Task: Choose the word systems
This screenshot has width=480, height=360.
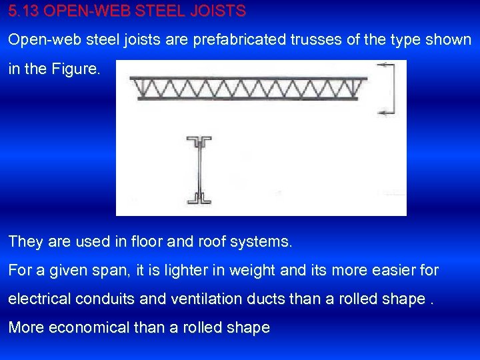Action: tap(261, 242)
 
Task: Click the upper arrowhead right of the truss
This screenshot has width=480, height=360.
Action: tap(382, 65)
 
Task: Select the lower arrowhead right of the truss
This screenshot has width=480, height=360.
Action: tap(382, 113)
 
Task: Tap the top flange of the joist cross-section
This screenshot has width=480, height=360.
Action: tap(199, 141)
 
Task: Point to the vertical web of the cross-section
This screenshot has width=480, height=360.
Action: tap(199, 170)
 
